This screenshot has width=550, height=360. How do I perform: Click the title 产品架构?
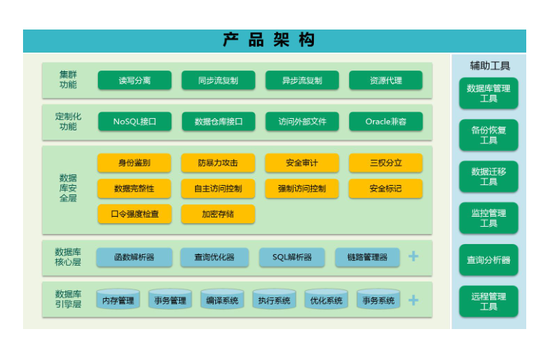click(269, 40)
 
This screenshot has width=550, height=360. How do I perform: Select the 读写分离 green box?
click(135, 81)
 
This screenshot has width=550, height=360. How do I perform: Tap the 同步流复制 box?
click(218, 81)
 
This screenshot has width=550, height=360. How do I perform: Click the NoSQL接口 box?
click(135, 122)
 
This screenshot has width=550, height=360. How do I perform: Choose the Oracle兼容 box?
click(386, 122)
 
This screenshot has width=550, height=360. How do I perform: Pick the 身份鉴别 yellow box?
click(135, 163)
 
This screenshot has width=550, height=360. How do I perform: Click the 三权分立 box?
click(386, 163)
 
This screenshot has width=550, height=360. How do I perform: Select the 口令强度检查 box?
click(135, 214)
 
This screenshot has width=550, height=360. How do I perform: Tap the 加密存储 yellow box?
click(218, 214)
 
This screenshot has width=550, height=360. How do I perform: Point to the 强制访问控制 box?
click(302, 189)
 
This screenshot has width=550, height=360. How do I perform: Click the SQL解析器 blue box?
click(292, 257)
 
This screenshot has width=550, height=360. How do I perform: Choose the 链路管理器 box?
click(367, 257)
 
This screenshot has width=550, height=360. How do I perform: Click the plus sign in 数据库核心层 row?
click(413, 256)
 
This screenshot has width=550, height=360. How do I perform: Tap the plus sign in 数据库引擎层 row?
click(413, 300)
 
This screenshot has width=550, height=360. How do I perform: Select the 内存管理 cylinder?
click(118, 299)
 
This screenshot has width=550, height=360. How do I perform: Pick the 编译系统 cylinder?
click(222, 299)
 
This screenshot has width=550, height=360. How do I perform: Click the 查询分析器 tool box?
click(489, 260)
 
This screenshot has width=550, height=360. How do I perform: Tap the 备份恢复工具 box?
click(489, 135)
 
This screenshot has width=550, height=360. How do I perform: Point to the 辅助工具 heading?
click(490, 66)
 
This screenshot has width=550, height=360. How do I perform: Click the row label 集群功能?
click(68, 80)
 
